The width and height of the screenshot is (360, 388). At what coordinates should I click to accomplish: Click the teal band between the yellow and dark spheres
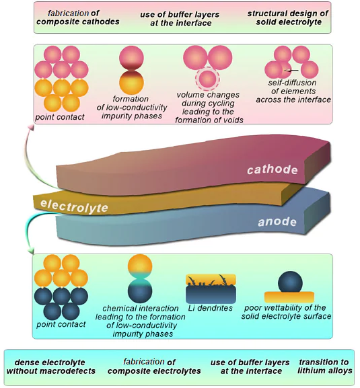click(139, 276)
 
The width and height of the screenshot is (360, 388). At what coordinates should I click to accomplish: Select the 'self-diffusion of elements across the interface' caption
click(294, 95)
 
